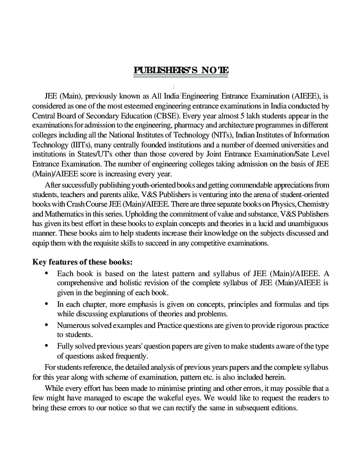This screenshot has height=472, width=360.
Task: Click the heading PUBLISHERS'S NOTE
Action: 181,70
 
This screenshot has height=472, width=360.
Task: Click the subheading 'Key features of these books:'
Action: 82,262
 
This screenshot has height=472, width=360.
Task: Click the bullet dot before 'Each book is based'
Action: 47,273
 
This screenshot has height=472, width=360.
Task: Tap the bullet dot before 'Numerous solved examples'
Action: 47,325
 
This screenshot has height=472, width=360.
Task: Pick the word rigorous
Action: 289,325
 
